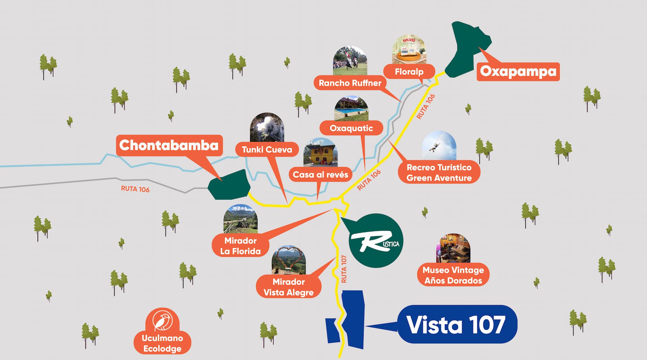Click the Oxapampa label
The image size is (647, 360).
tap(518, 71)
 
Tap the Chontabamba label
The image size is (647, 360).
tap(169, 145)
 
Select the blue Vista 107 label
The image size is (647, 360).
tap(457, 324)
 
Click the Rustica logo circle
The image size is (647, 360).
tap(375, 240)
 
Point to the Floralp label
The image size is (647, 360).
tap(409, 71)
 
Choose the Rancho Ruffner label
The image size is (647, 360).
tap(350, 83)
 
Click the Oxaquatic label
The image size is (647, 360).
tap(351, 128)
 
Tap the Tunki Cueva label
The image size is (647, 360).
tap(267, 150)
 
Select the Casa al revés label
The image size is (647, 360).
tap(320, 174)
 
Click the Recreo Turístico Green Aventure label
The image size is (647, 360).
tap(439, 172)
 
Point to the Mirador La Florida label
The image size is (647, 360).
tap(241, 246)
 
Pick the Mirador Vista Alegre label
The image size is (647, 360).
tap(288, 287)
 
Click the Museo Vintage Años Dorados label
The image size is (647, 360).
tap(453, 275)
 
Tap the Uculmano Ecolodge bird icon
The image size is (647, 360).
tap(162, 321)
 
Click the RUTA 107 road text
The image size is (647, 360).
tap(344, 269)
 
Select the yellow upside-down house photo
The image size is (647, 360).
tap(320, 153)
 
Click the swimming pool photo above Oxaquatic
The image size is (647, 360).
tap(351, 108)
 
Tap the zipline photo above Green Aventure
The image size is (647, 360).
tap(439, 146)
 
